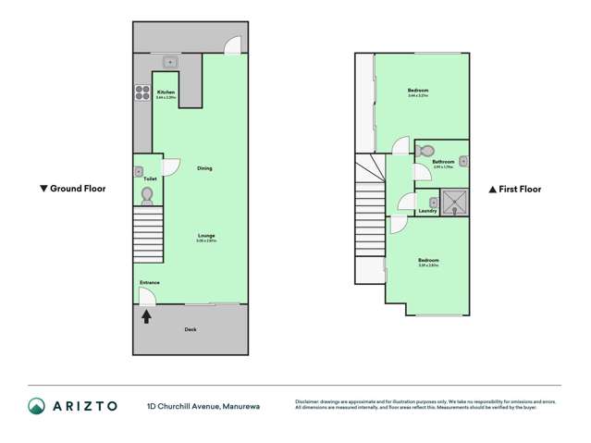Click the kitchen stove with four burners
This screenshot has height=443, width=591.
point(143,92)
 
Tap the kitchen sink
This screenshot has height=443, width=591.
point(169,63)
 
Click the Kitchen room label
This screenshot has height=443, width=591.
point(166,92)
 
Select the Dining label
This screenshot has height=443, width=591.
point(204,168)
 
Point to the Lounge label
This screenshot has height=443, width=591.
point(206,236)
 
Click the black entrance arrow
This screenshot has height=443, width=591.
point(145,316)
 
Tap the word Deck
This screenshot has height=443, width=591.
point(191,329)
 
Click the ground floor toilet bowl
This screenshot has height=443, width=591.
point(147,195)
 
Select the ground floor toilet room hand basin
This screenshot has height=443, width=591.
point(139,171)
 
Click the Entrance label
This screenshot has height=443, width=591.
point(150,282)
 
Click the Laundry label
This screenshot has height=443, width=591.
point(427,211)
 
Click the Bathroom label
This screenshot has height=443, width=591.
point(443,162)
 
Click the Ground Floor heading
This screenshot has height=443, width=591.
point(78,189)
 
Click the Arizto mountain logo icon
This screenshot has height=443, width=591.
point(35,406)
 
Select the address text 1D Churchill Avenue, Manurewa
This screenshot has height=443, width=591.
point(206,406)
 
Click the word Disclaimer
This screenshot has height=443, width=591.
point(311,401)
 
